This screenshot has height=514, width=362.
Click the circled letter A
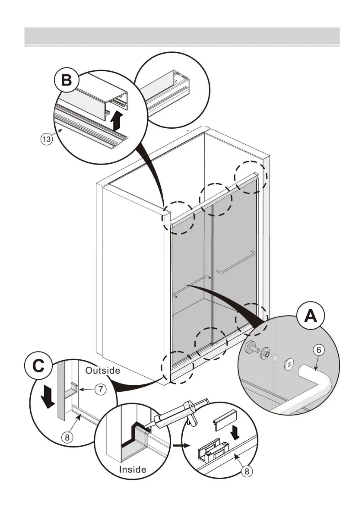point(309,317)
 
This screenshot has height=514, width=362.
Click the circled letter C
point(38,366)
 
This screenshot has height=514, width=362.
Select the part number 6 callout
point(318,350)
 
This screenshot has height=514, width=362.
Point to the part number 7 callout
point(100,389)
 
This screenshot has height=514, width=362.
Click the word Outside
point(102,370)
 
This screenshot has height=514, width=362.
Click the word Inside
point(133,469)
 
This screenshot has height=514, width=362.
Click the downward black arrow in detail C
point(50,397)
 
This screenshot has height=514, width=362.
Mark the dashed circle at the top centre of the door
point(215,199)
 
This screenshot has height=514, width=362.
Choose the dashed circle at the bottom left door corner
point(177,367)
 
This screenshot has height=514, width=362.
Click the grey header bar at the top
point(182,36)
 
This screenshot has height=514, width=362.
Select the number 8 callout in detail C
point(67,437)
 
